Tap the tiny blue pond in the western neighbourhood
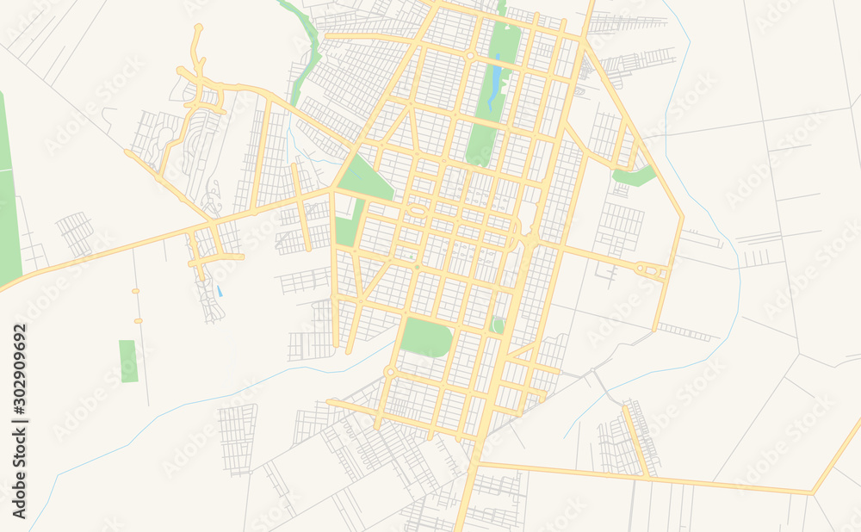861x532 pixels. [220, 292]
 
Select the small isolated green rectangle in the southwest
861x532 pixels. [128, 361]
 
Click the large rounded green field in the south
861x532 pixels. [426, 337]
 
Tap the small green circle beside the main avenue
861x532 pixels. [499, 325]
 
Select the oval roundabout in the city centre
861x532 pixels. [418, 211]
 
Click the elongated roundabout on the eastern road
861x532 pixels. [651, 270]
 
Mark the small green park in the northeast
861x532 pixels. [635, 176]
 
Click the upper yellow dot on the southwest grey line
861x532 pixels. [136, 291]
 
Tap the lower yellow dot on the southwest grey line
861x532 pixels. [138, 321]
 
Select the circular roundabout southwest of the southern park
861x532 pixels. [390, 372]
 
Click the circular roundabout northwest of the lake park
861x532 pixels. [470, 55]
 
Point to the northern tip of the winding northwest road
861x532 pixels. [198, 28]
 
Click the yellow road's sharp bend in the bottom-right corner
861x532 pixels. [812, 492]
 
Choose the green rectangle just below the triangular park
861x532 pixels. [346, 231]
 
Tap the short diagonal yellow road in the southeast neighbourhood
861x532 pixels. [637, 440]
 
